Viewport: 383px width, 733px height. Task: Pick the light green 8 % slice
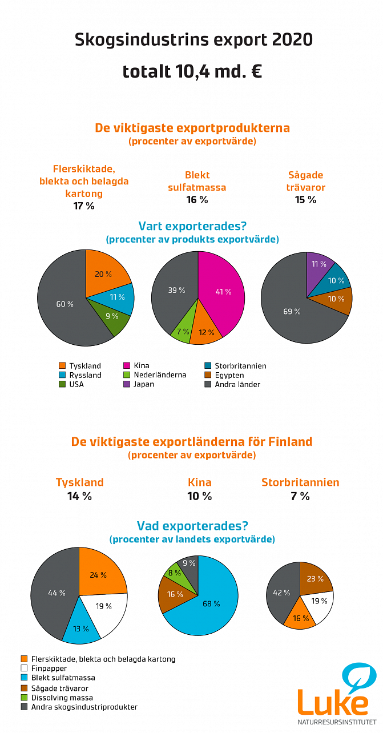coord(175,573)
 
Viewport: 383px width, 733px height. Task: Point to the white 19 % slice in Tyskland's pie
coord(103,606)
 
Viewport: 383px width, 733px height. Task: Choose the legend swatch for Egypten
coord(208,375)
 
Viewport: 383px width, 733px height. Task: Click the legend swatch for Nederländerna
coord(127,375)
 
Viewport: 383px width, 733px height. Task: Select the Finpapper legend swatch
coord(24,668)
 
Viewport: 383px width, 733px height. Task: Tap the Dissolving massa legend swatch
coord(24,697)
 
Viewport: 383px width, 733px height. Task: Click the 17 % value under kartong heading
coord(84,206)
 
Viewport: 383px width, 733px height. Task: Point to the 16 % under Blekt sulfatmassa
coord(197,200)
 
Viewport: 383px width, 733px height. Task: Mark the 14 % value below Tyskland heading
coord(79,496)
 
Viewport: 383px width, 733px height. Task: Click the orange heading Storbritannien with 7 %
coord(300,482)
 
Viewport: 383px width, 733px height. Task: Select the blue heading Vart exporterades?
coord(192,226)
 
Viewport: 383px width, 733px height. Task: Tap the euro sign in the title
coord(256,72)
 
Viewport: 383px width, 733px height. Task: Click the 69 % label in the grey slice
coord(291,311)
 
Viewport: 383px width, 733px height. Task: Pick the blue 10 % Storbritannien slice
coord(336,280)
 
